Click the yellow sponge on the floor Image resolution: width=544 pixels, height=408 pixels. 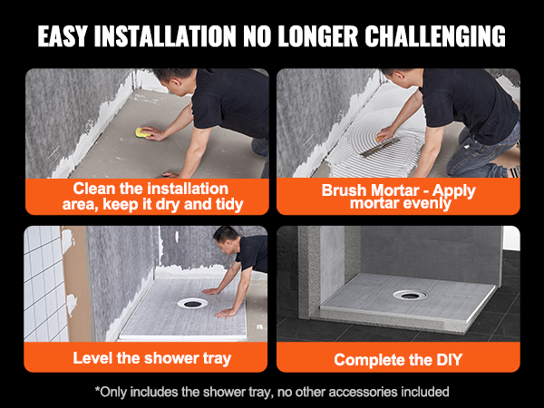[x=141, y=133]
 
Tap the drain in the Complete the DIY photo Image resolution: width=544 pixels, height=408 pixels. [x=407, y=295]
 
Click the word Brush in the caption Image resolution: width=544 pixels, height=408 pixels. [x=345, y=191]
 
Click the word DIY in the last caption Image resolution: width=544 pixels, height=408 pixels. [x=448, y=360]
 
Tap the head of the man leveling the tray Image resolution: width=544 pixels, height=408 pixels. [x=227, y=241]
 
